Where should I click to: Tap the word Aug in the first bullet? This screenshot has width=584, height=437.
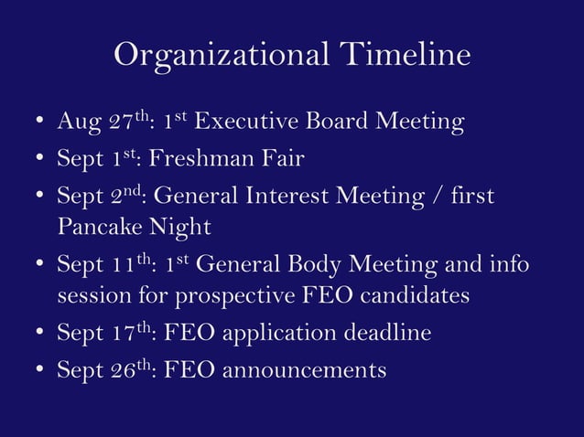pyautogui.click(x=75, y=123)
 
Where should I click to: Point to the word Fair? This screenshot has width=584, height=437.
pyautogui.click(x=277, y=159)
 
